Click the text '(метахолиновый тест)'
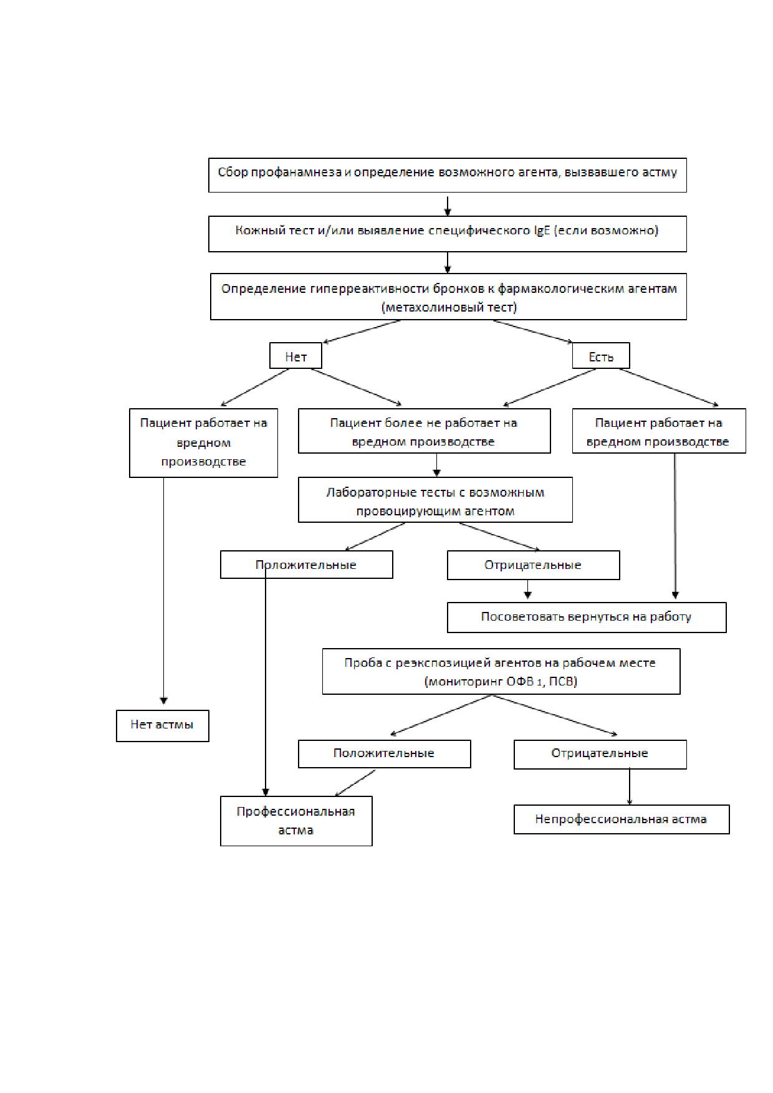pyautogui.click(x=448, y=307)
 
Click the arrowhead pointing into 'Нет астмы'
pyautogui.click(x=164, y=701)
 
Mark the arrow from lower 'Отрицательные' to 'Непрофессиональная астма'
pyautogui.click(x=630, y=787)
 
